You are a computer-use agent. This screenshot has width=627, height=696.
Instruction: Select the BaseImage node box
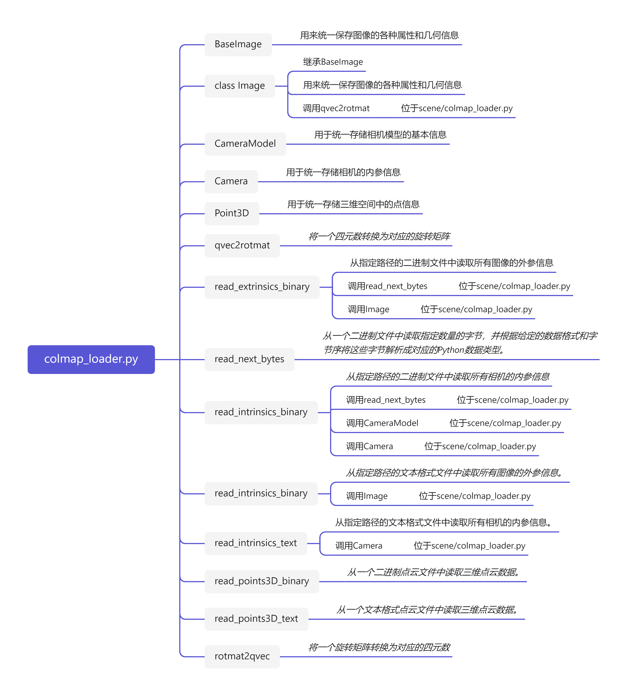[238, 44]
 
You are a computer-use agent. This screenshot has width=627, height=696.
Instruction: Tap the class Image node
[239, 86]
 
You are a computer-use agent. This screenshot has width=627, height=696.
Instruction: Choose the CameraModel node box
[245, 144]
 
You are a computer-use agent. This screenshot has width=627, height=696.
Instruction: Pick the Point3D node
[231, 213]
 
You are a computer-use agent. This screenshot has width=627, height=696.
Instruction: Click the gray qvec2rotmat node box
[242, 245]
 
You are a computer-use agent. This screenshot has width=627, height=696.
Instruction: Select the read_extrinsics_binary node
[262, 287]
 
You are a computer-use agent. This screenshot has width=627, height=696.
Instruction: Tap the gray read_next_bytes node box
[249, 359]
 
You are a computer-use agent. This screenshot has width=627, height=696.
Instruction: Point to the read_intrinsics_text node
[255, 543]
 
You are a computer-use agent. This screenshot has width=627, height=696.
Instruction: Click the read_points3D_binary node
[262, 581]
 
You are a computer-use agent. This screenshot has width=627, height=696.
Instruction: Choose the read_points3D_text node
[256, 619]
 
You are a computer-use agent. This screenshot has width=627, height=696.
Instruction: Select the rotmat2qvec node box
[242, 657]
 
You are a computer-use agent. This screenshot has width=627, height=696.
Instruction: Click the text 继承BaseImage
[333, 62]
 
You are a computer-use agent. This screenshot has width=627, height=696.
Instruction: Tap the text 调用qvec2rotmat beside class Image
[336, 109]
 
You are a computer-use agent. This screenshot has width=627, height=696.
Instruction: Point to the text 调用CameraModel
[382, 423]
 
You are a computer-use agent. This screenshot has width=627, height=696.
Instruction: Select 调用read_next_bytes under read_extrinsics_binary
[387, 286]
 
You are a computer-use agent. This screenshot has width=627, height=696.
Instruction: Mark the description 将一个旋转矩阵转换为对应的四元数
[379, 647]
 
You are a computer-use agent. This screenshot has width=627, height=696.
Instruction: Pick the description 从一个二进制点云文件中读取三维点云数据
[433, 572]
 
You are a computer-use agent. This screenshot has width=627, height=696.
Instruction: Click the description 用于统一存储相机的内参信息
[343, 172]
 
